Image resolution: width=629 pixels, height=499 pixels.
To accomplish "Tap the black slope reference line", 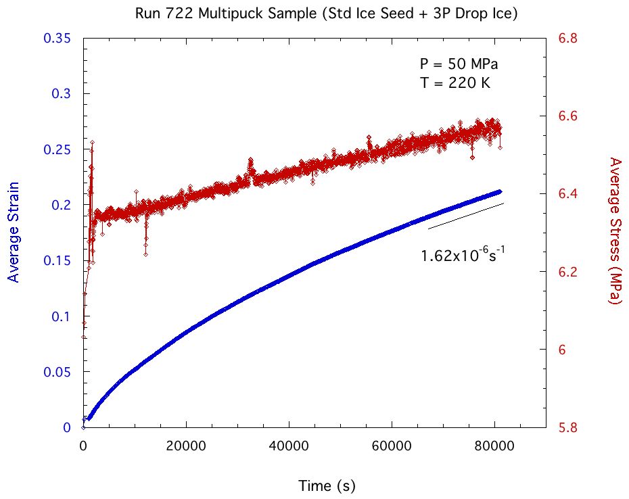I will tap(466, 216).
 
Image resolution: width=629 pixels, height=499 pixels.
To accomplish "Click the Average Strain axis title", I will tap(13, 231).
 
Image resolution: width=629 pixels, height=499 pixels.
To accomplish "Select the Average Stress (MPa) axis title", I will tap(615, 231).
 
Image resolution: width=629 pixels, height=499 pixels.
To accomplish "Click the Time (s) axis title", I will tap(327, 485).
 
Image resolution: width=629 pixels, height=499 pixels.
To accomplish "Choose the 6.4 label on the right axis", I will tap(567, 194).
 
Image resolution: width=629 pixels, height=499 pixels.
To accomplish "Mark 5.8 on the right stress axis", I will tap(567, 428).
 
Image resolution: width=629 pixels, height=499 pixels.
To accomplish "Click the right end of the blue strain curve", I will tap(500, 191).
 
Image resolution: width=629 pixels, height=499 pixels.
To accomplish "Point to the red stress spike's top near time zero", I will tap(92, 142).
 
